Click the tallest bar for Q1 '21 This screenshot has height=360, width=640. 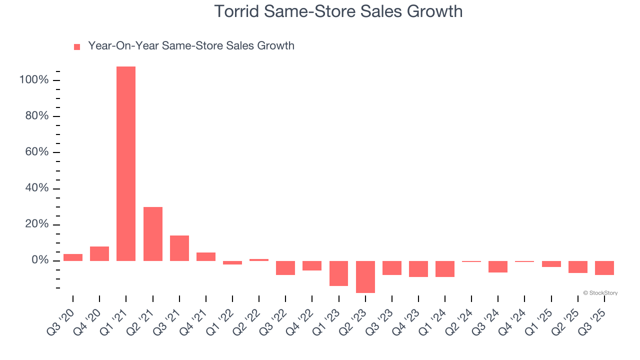click(x=126, y=163)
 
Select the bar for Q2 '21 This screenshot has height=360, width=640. click(x=153, y=234)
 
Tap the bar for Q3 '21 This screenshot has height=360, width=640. click(x=179, y=248)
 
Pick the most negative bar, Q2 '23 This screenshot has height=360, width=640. click(x=365, y=276)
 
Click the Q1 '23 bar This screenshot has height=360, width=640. click(x=338, y=273)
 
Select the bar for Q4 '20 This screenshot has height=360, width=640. click(x=99, y=253)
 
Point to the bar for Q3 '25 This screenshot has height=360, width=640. click(x=604, y=268)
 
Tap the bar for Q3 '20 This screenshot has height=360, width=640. click(x=73, y=257)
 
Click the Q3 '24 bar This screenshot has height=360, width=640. click(x=498, y=266)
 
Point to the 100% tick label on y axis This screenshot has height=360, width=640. click(x=33, y=80)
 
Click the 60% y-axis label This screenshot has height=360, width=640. click(x=36, y=152)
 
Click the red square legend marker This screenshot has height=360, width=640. click(x=77, y=47)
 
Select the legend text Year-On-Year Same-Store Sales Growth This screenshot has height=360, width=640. click(x=191, y=46)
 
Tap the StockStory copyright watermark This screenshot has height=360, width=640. click(x=600, y=293)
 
